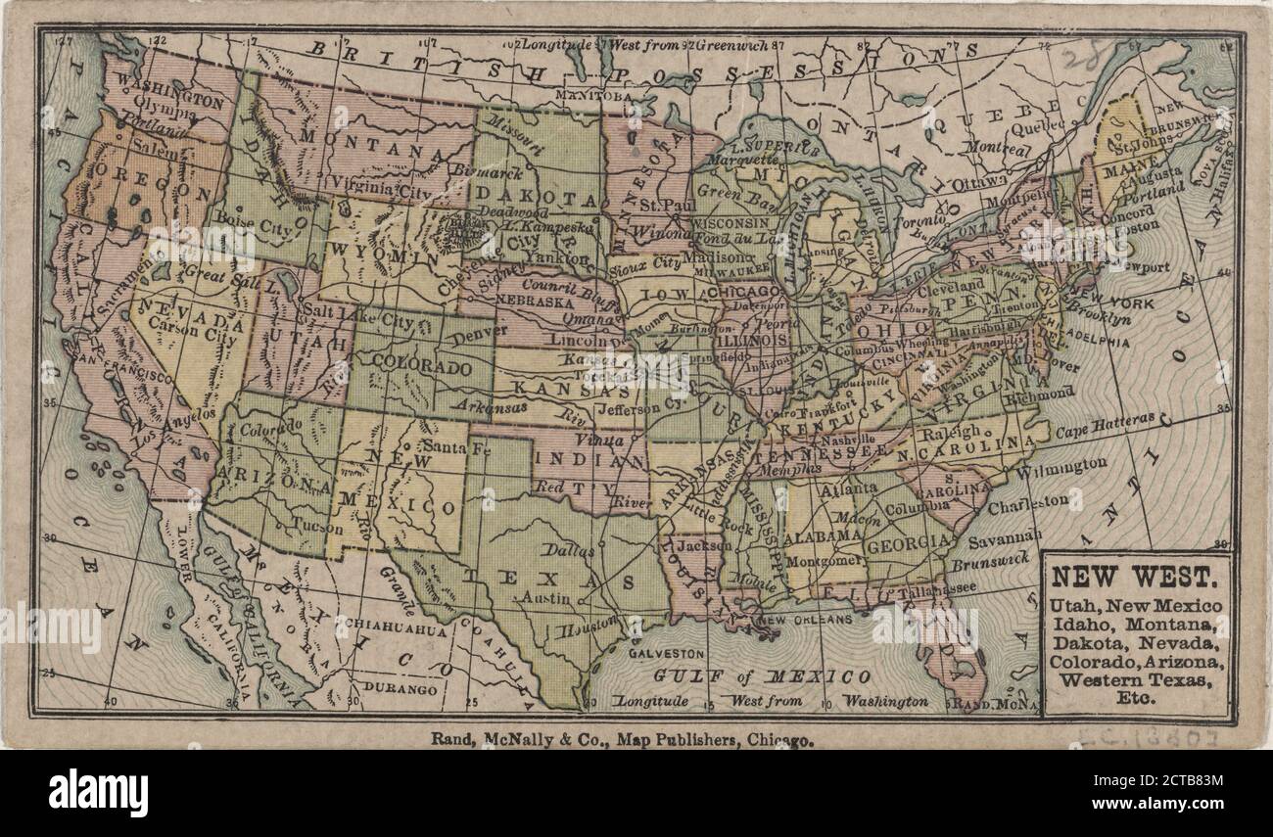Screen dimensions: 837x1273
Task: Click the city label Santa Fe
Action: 454,447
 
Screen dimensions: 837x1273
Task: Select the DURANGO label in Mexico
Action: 402,689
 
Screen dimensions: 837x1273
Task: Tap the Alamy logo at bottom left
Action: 99,791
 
